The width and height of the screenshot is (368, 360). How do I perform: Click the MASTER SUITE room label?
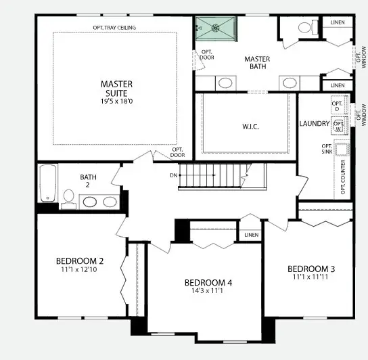(116, 89)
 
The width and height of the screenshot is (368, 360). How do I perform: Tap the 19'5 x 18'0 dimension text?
(116, 102)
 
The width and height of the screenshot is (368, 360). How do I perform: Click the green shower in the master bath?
(217, 28)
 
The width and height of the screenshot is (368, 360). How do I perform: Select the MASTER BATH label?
(257, 63)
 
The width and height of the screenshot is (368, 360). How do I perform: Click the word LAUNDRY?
(315, 124)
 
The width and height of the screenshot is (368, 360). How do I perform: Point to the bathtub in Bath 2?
(47, 183)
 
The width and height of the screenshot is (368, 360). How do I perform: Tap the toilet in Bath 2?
(68, 197)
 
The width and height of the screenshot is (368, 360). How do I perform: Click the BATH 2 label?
(89, 181)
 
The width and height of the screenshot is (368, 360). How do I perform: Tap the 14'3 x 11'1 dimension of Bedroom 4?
(208, 293)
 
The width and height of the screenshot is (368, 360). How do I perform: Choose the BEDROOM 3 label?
(311, 268)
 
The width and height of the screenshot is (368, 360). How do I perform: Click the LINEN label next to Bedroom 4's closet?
(252, 235)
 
